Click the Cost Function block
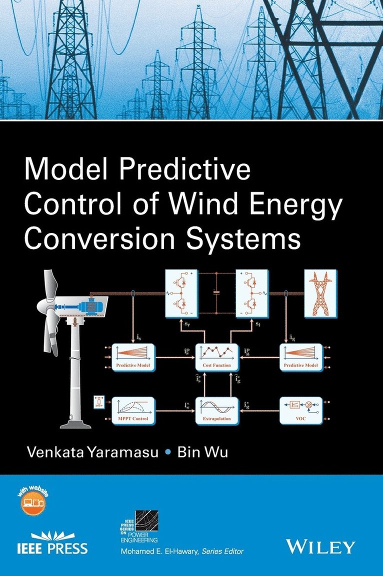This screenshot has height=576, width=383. click(x=216, y=356)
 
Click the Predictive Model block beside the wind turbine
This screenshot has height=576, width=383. click(x=133, y=356)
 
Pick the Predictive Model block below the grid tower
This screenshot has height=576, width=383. click(x=300, y=356)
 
